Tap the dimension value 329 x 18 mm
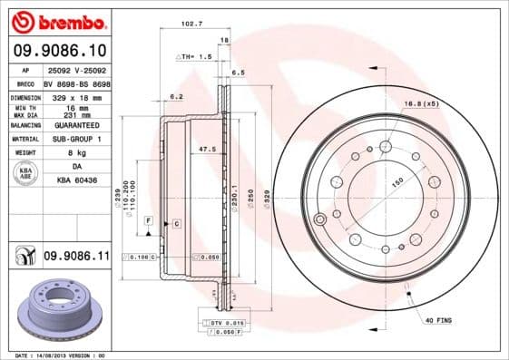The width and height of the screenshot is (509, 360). [x=76, y=95]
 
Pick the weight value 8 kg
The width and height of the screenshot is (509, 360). [x=76, y=152]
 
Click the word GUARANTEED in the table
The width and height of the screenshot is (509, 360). [x=76, y=126]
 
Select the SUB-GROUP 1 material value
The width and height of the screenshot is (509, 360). [x=76, y=139]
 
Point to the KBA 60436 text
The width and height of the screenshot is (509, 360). [x=76, y=181]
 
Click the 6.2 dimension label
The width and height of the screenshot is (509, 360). [x=177, y=95]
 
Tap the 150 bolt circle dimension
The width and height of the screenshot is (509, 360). [x=396, y=180]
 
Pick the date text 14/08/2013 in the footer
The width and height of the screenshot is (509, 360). [x=56, y=355]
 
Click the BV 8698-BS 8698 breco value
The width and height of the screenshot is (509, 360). [x=76, y=82]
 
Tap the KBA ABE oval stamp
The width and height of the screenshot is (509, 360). [x=26, y=174]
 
